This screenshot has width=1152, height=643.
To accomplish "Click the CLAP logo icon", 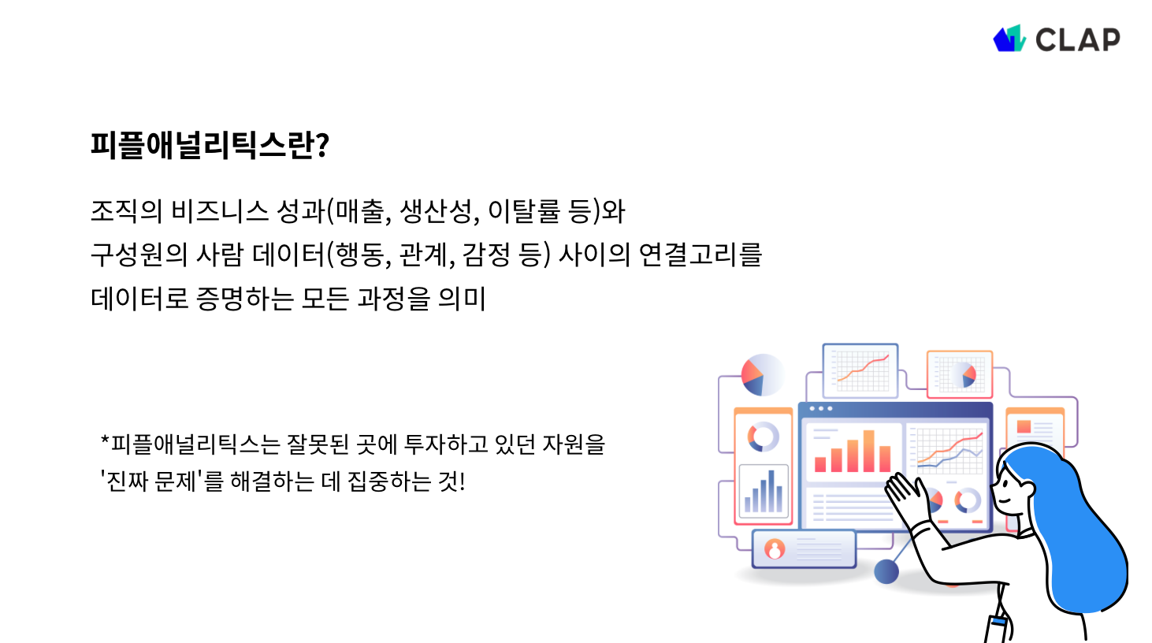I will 1009,39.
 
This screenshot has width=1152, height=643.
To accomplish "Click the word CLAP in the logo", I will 1077,39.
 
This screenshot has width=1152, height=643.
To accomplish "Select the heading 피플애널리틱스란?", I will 210,145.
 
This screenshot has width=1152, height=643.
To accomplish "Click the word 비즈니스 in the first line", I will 220,211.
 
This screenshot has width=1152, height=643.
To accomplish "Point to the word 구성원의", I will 139,255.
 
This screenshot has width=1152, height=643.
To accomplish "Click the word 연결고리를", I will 700,255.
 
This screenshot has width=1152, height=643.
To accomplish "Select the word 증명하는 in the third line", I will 244,299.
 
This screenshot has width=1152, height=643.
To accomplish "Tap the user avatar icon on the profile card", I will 775,549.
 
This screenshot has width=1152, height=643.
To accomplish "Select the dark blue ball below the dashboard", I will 886,571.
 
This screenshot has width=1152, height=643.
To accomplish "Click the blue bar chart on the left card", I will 763,492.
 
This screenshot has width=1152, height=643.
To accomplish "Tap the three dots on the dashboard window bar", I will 820,408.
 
